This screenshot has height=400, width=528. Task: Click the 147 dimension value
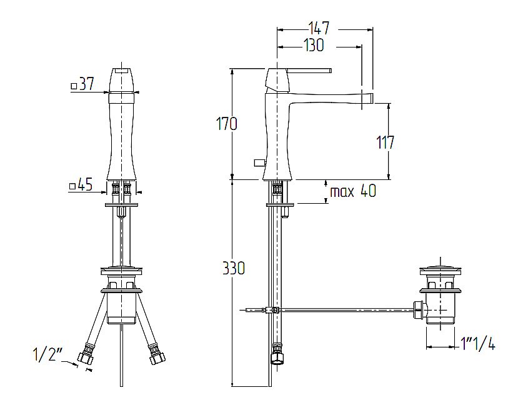(x=319, y=28)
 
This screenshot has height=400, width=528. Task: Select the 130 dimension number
(x=314, y=45)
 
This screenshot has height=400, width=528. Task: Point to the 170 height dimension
(x=226, y=124)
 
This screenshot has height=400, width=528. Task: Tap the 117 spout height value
(x=385, y=142)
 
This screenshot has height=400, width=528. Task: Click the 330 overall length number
(x=234, y=268)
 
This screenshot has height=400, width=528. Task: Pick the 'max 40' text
(x=353, y=191)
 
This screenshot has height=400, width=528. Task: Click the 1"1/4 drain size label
(x=478, y=344)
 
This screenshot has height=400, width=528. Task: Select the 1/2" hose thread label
(x=48, y=354)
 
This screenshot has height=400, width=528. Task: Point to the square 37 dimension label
(x=83, y=84)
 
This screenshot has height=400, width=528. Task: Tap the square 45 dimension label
(x=81, y=185)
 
